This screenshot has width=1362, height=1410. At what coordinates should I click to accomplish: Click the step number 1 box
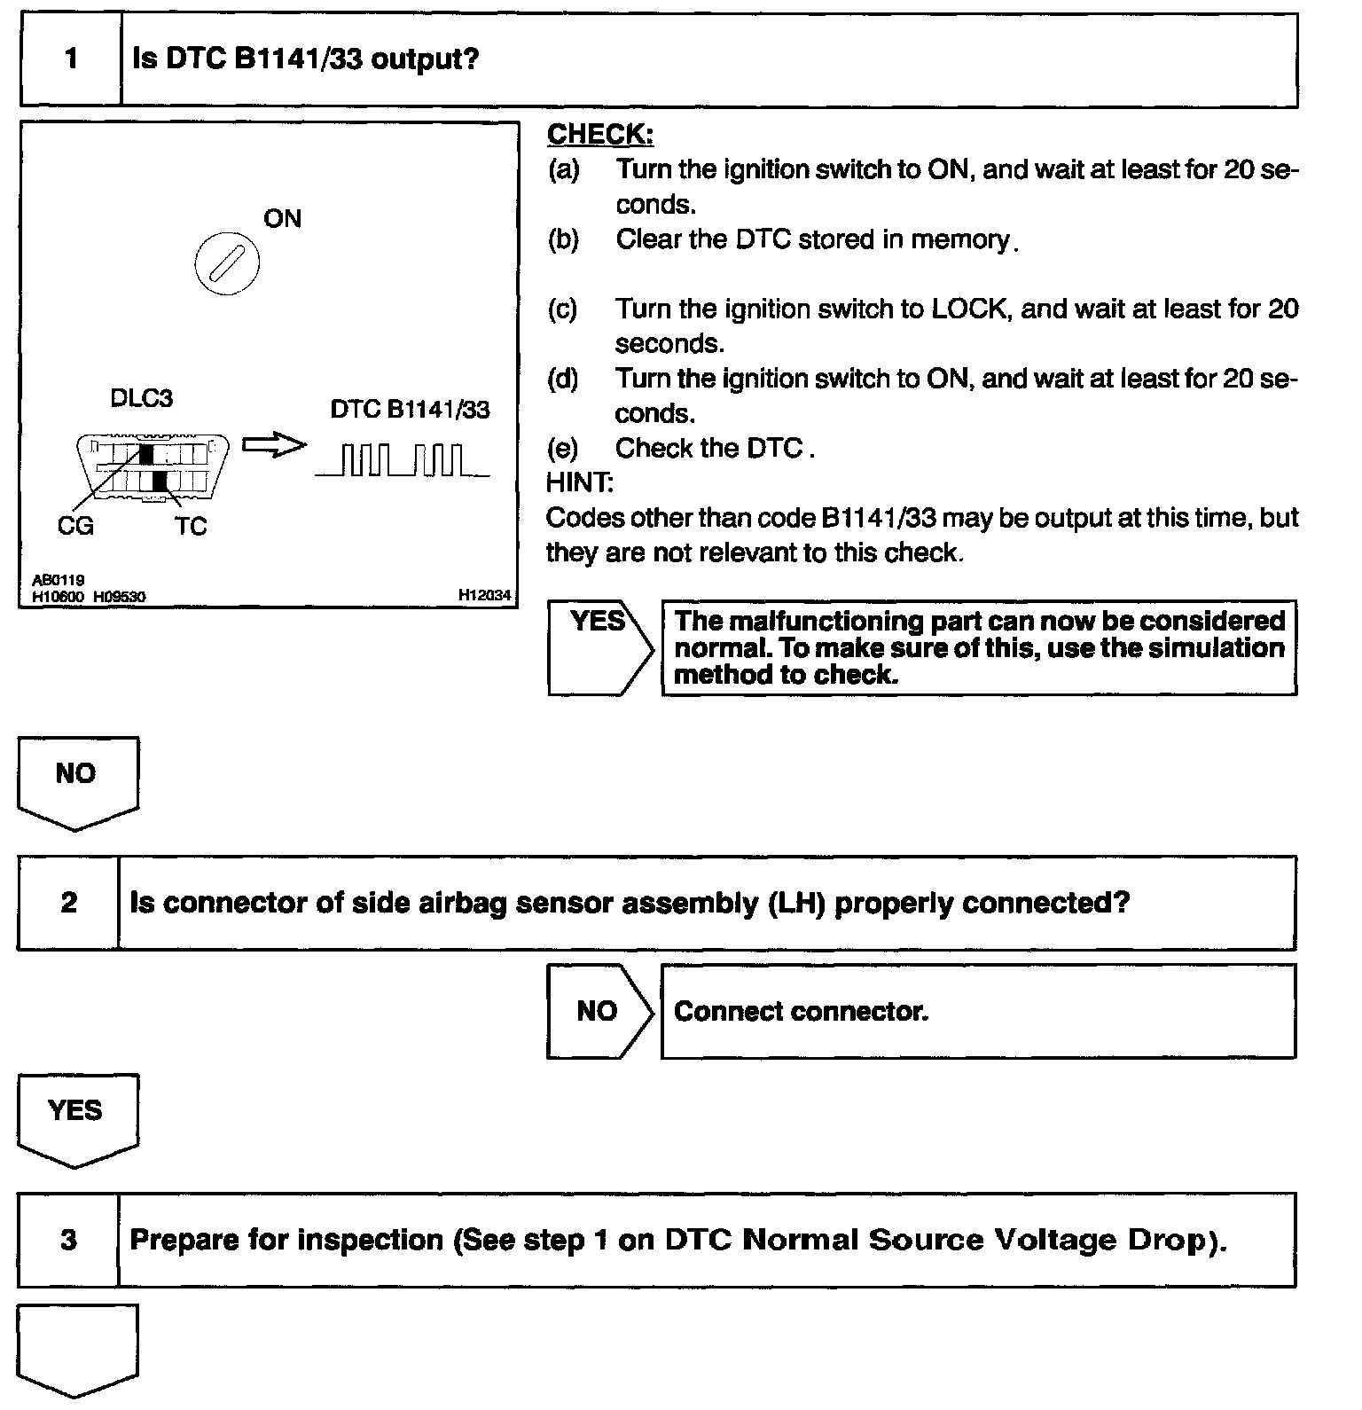pyautogui.click(x=71, y=59)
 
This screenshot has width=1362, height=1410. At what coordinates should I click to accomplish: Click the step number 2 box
pyautogui.click(x=68, y=903)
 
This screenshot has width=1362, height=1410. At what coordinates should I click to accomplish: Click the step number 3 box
pyautogui.click(x=68, y=1239)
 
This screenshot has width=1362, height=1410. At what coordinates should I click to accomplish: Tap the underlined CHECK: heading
pyautogui.click(x=600, y=134)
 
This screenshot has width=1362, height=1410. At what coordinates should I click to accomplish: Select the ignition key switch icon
pyautogui.click(x=227, y=263)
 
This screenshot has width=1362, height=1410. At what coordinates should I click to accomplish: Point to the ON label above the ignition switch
pyautogui.click(x=282, y=218)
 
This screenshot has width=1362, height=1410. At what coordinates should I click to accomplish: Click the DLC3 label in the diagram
pyautogui.click(x=141, y=398)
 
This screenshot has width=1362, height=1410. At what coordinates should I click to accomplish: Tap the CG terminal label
pyautogui.click(x=74, y=526)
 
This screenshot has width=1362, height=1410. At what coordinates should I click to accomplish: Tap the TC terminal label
pyautogui.click(x=190, y=526)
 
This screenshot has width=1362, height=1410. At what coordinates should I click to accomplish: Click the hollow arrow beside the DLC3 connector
pyautogui.click(x=273, y=445)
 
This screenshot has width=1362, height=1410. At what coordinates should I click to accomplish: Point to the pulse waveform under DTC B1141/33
pyautogui.click(x=402, y=460)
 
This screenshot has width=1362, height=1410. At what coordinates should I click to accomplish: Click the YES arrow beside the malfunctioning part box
pyautogui.click(x=599, y=648)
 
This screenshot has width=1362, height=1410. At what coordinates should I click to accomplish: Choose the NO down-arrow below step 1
pyautogui.click(x=77, y=780)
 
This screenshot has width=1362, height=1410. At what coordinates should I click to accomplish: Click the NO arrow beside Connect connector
pyautogui.click(x=599, y=1011)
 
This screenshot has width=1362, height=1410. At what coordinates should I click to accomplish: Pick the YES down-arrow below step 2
pyautogui.click(x=77, y=1117)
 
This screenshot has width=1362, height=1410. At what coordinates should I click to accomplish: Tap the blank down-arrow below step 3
pyautogui.click(x=77, y=1348)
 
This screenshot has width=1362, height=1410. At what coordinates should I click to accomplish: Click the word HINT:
pyautogui.click(x=579, y=482)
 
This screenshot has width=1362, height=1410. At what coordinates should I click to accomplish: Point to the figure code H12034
pyautogui.click(x=484, y=595)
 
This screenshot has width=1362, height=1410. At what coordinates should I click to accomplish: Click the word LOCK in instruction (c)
pyautogui.click(x=968, y=309)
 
